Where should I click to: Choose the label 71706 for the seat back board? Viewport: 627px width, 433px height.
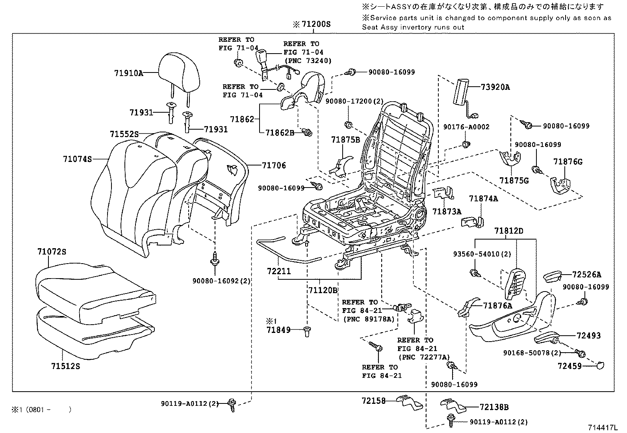[274, 165]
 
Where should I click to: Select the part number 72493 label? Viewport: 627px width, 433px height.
[589, 336]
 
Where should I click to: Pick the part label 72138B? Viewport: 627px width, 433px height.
[494, 407]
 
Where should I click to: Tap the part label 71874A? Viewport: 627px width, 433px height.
[483, 199]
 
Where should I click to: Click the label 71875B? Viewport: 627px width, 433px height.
[345, 139]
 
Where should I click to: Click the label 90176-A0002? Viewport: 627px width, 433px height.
[466, 127]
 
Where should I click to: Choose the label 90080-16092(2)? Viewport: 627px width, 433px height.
[222, 281]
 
